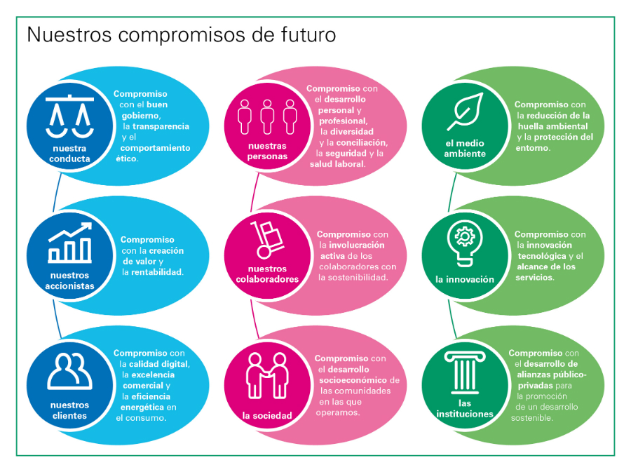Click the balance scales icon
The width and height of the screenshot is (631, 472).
(69, 116)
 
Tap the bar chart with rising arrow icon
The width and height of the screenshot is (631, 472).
(70, 243)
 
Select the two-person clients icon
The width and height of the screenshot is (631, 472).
(69, 372)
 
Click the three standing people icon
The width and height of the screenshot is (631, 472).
(267, 116)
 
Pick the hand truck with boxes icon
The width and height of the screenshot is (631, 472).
(267, 239)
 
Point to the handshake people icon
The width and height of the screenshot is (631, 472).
(267, 375)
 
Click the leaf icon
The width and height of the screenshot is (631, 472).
(465, 112)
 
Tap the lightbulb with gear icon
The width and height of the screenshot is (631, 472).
(465, 243)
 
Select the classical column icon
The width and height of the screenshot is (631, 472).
(465, 372)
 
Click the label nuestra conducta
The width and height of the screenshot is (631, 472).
(69, 154)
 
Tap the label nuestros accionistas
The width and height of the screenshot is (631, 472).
(69, 281)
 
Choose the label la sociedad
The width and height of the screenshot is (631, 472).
(267, 415)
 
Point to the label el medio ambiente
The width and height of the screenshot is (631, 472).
(465, 148)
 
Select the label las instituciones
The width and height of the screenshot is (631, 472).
(465, 408)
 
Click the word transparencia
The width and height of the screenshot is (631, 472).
(161, 126)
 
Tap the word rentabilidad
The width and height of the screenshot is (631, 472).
(157, 272)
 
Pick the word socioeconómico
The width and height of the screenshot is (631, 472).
(353, 380)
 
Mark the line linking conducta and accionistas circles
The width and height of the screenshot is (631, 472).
(56, 192)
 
